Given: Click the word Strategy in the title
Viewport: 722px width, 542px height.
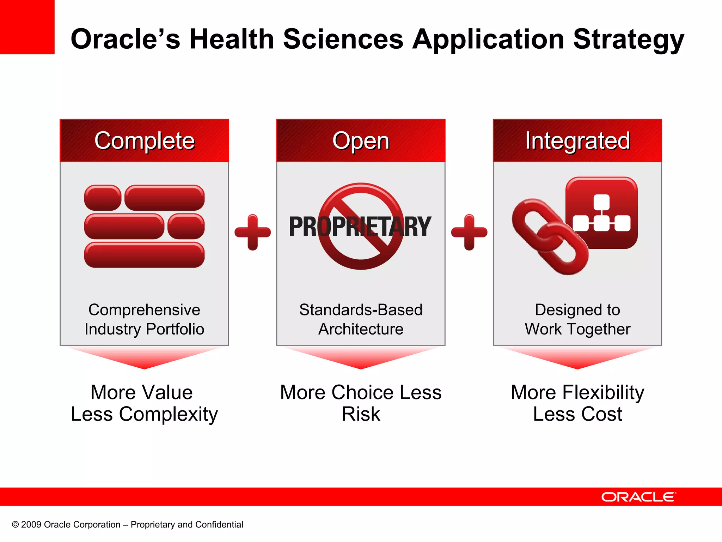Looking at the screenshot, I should [x=628, y=40].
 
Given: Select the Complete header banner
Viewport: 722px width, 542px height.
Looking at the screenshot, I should [x=144, y=140].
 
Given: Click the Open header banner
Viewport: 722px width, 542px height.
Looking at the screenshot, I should [x=361, y=140].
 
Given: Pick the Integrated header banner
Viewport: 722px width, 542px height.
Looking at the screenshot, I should [x=577, y=140].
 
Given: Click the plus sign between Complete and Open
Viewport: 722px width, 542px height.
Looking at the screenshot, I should [x=252, y=232].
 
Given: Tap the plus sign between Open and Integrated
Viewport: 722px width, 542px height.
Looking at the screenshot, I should [x=469, y=232].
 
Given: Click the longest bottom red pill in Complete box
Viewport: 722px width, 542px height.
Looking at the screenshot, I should [x=144, y=255].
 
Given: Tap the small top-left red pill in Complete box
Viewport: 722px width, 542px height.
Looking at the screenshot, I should [x=103, y=198].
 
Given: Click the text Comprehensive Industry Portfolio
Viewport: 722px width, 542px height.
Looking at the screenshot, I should [x=144, y=319].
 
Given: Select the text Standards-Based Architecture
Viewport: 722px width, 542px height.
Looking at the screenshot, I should [x=361, y=319].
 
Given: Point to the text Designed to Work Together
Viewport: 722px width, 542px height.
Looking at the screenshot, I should [x=577, y=319].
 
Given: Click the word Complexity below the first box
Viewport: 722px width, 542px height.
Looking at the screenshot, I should [x=168, y=414].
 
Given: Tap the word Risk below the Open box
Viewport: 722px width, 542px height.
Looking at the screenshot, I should [x=361, y=414].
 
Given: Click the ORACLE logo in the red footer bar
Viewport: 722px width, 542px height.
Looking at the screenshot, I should [x=638, y=497].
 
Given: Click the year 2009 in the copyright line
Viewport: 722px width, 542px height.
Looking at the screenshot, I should [x=31, y=525].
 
